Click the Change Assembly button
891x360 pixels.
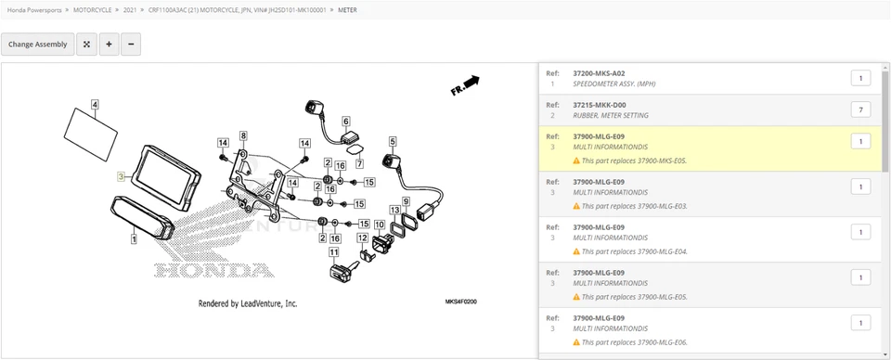pos(38,44)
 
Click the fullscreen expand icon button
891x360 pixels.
pos(86,44)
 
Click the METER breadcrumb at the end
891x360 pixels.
pos(345,9)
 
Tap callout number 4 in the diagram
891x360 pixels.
pos(95,105)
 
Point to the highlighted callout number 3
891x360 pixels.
pos(120,175)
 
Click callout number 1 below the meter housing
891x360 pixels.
pos(134,238)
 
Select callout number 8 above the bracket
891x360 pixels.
pos(243,136)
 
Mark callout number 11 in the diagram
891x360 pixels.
pos(334,251)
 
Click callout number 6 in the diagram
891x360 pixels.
pos(345,122)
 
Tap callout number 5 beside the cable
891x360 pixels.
pos(393,142)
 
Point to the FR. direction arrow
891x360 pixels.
pos(464,85)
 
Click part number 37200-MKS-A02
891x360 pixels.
pos(599,73)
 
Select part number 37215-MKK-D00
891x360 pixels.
pos(599,105)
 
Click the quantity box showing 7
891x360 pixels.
pos(859,110)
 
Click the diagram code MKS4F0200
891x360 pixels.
pos(460,302)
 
